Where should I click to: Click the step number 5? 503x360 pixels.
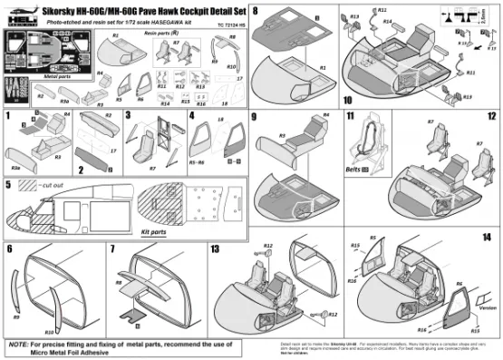click(x=8, y=184)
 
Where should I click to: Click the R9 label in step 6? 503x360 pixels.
click(x=17, y=317)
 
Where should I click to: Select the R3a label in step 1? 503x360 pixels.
click(x=17, y=167)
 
